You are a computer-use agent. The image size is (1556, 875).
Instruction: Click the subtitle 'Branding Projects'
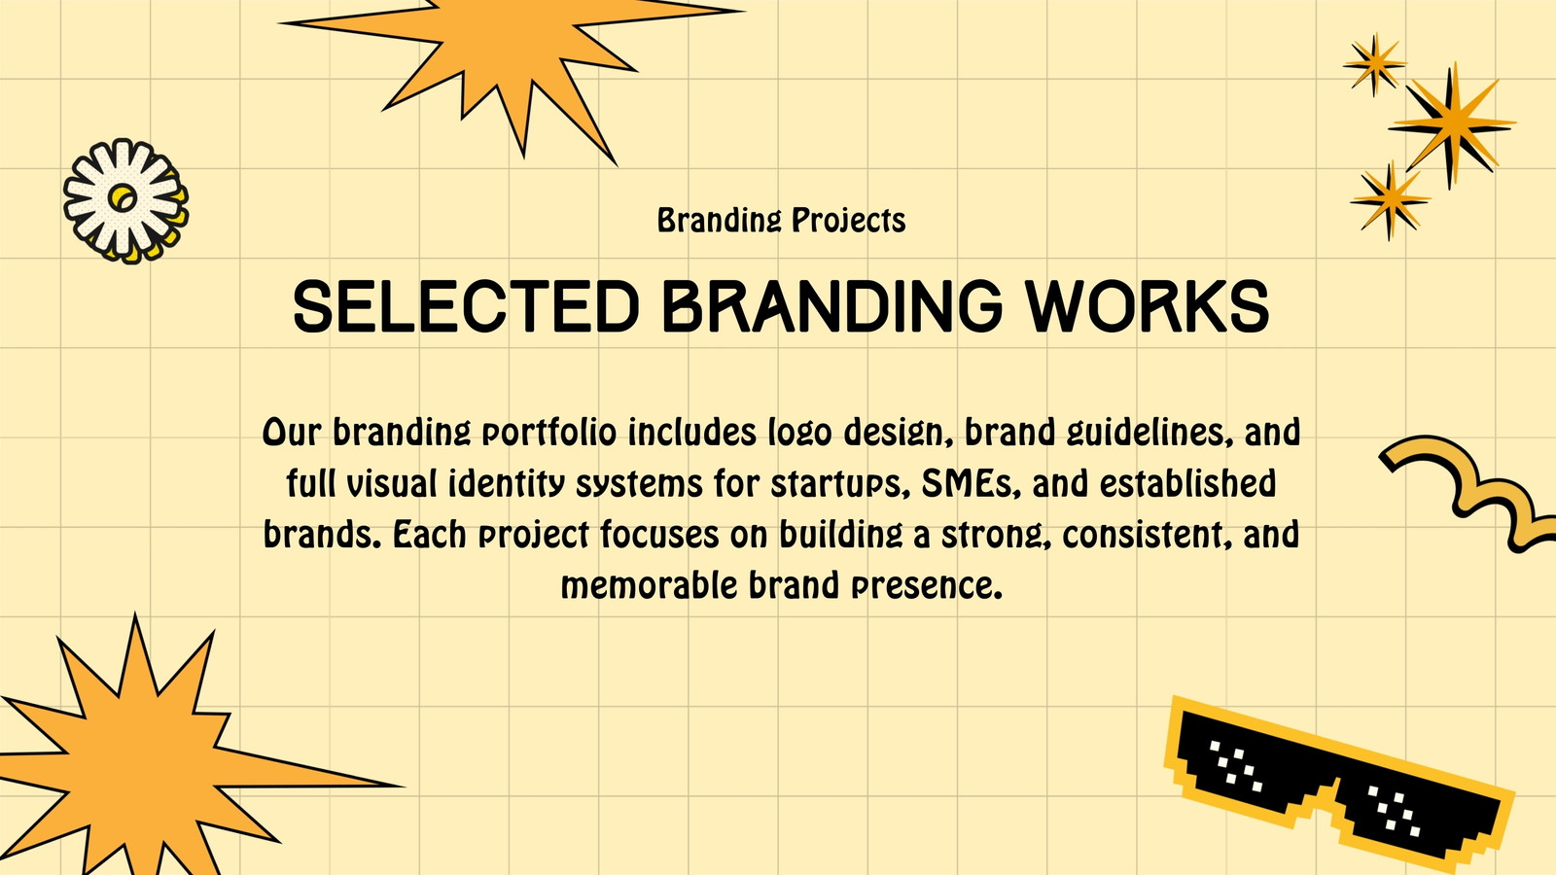(782, 220)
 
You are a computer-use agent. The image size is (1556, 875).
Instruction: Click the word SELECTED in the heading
(466, 306)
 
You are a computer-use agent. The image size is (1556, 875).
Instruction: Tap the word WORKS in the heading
(1149, 306)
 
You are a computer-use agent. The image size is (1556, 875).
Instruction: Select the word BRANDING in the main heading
(832, 306)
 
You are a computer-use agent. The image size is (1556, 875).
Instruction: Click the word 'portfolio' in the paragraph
(549, 433)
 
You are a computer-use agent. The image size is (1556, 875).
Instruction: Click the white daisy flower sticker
(125, 200)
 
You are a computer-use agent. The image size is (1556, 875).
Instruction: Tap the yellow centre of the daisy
(124, 198)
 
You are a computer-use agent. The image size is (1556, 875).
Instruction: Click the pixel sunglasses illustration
(1338, 785)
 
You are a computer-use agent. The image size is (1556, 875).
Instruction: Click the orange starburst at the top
(511, 69)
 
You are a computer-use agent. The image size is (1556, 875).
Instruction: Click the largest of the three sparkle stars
(1451, 125)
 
